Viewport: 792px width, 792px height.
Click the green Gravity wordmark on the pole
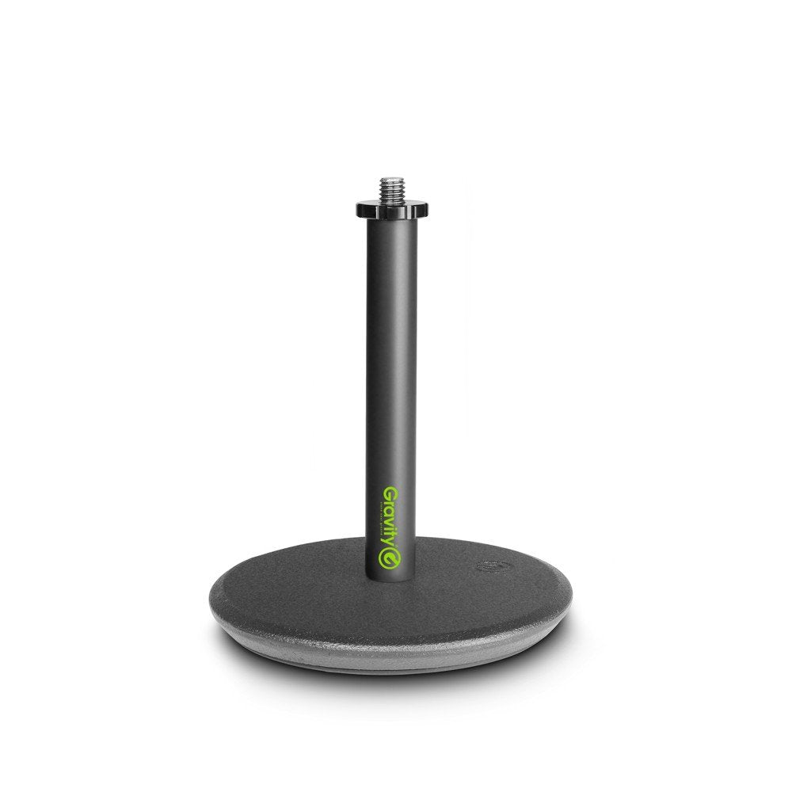pos(390,523)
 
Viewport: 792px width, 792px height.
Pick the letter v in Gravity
pos(390,519)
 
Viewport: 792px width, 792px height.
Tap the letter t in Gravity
pos(390,534)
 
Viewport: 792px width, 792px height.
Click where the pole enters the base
pos(390,577)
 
